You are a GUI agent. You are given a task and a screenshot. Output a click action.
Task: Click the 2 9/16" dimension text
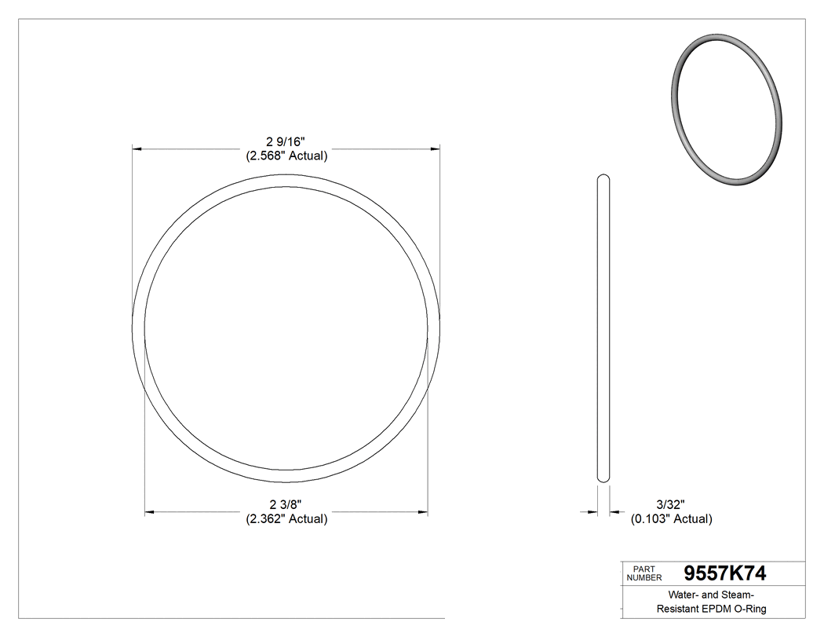point(286,141)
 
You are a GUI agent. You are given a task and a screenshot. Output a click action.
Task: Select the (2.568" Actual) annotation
point(286,156)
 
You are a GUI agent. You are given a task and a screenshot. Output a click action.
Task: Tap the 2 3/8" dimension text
point(286,504)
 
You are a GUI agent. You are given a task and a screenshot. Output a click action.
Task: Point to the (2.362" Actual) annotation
point(286,518)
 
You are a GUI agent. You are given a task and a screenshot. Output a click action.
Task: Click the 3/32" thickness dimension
point(671,504)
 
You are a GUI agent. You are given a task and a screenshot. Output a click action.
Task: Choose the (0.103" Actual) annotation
point(671,518)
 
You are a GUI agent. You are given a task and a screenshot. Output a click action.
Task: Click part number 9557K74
point(725,573)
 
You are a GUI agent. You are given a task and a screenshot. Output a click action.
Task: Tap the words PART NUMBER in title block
point(644,573)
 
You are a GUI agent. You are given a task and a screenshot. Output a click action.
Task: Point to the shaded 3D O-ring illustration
point(727,111)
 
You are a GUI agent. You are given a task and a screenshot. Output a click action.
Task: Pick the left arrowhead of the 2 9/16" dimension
point(137,148)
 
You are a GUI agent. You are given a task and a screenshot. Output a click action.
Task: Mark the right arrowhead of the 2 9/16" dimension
point(434,148)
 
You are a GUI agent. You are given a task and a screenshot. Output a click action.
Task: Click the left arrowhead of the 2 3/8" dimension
point(149,512)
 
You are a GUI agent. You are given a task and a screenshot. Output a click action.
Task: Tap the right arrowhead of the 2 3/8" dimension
point(423,512)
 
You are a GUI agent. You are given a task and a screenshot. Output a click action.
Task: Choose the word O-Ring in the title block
point(749,609)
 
